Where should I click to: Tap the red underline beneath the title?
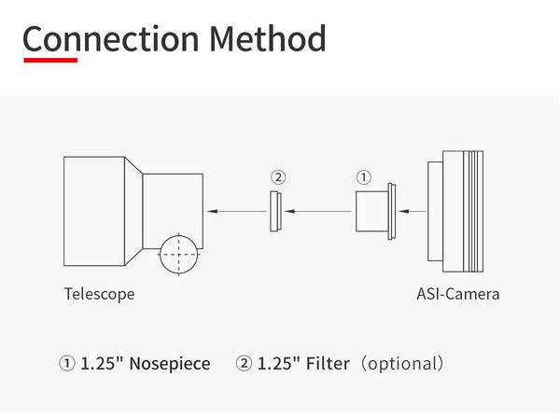click(x=50, y=61)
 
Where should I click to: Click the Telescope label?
click(x=99, y=294)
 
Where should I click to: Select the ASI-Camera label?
click(x=457, y=294)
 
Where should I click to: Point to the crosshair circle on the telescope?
click(x=178, y=253)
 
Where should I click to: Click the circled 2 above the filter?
click(x=277, y=176)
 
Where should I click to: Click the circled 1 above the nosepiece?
click(x=364, y=176)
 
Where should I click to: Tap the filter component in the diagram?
click(x=277, y=211)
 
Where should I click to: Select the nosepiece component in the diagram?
click(x=373, y=211)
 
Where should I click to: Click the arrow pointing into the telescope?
click(x=232, y=212)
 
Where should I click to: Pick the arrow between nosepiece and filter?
click(x=316, y=212)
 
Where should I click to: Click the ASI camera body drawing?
click(x=457, y=211)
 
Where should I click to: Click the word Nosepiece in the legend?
click(x=170, y=363)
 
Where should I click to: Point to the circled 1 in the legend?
click(x=67, y=363)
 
